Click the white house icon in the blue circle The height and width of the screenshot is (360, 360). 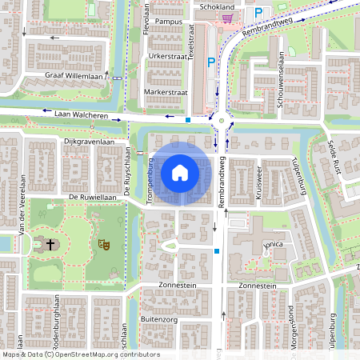click(179, 172)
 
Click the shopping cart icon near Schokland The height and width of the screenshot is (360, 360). click(229, 18)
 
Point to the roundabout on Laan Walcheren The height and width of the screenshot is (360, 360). click(221, 122)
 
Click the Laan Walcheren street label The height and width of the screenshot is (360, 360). click(81, 115)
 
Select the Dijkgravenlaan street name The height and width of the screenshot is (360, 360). click(95, 142)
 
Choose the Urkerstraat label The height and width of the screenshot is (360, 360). click(167, 56)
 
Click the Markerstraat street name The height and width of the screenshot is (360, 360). click(166, 92)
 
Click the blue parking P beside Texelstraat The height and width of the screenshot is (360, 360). click(211, 62)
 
